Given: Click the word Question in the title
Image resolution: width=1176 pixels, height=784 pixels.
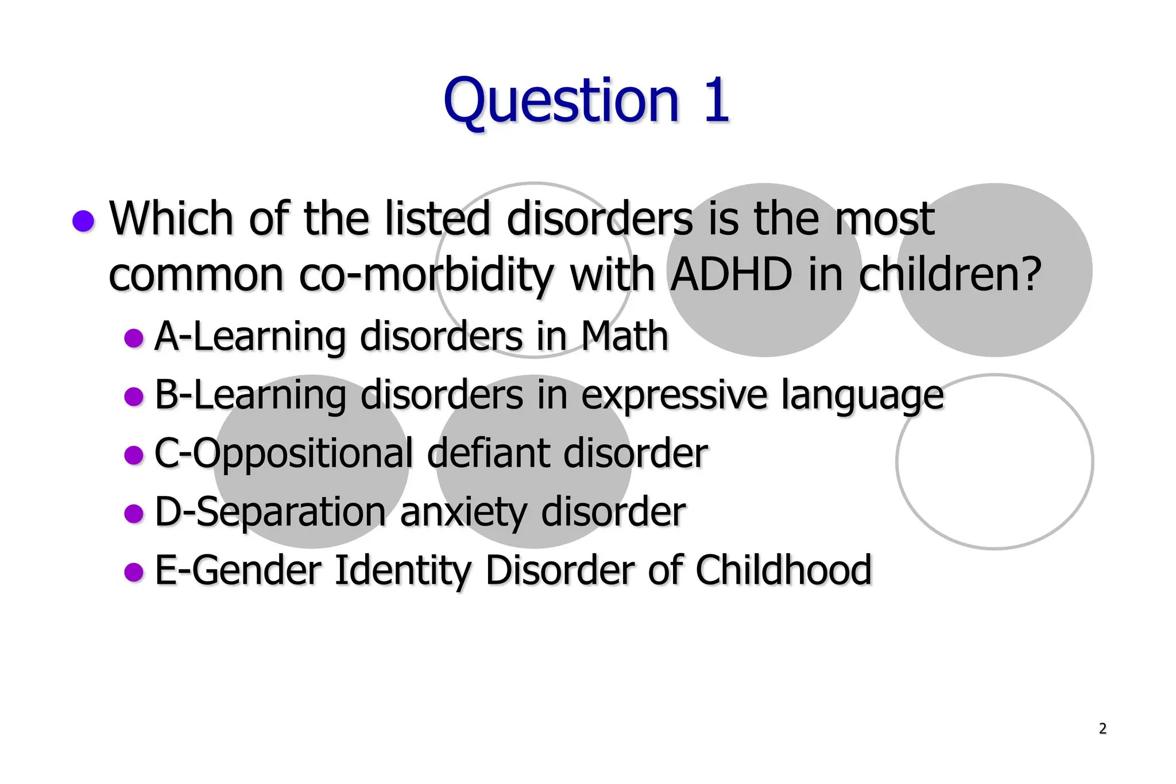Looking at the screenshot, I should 561,102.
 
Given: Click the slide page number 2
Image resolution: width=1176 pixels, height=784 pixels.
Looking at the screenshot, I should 1102,728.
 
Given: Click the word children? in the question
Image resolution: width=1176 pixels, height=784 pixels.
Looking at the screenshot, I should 950,274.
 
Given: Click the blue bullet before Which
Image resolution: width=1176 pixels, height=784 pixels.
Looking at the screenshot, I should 84,221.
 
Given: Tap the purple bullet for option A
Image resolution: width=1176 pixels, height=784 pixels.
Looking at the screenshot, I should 134,338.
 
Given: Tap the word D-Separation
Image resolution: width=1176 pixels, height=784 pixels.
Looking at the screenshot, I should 270,512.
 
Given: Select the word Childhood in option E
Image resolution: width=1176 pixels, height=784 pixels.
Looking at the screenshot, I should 783,570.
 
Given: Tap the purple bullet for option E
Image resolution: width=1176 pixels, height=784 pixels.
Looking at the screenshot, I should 134,572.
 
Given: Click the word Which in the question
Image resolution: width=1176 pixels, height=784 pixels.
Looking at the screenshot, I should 171,219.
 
